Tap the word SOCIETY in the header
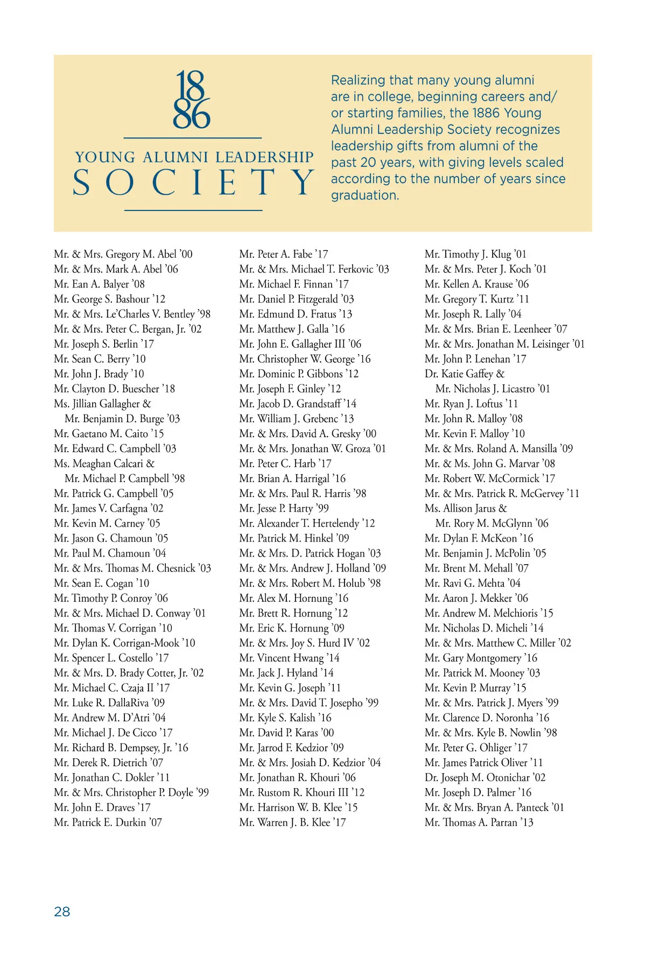point(193,182)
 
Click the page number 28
point(62,911)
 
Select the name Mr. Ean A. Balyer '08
point(99,284)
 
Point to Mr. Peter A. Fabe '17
point(284,254)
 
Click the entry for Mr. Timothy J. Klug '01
point(475,254)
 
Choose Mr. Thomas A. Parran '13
point(479,823)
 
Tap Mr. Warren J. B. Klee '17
point(292,823)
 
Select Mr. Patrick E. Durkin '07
point(108,823)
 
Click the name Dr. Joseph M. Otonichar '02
point(484,778)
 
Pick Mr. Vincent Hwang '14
point(289,658)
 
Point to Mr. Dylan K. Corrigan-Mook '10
point(124,643)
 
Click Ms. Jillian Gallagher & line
point(102,404)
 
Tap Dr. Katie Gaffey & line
point(464,374)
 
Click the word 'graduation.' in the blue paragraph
point(365,195)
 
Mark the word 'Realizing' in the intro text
point(357,81)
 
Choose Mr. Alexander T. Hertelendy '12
point(307,523)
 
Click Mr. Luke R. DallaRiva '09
point(109,703)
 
